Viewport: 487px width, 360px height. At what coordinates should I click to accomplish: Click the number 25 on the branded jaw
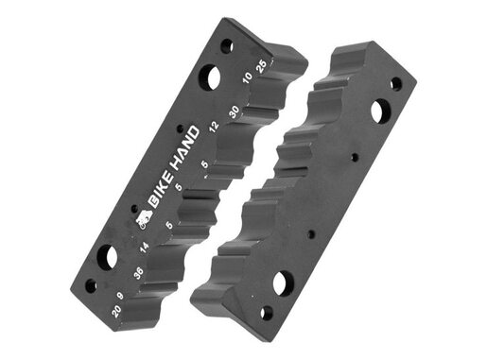(262, 66)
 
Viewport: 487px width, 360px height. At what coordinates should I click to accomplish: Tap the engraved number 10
(248, 77)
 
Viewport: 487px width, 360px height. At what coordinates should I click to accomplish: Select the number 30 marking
(235, 112)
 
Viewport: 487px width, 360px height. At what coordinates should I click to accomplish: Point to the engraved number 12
(214, 127)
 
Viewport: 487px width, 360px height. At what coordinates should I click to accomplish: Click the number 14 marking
(144, 248)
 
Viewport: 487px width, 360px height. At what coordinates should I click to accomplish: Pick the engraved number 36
(138, 273)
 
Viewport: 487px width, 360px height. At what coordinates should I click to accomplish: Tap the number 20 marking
(116, 312)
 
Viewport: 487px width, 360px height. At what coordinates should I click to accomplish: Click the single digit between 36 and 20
(120, 296)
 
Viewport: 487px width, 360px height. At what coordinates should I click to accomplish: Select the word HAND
(187, 148)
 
